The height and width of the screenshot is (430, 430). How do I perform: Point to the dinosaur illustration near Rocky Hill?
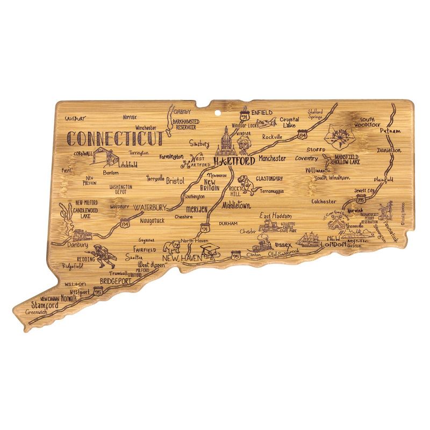pos(247,184)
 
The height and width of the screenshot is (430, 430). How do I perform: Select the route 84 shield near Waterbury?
pos(125,220)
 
